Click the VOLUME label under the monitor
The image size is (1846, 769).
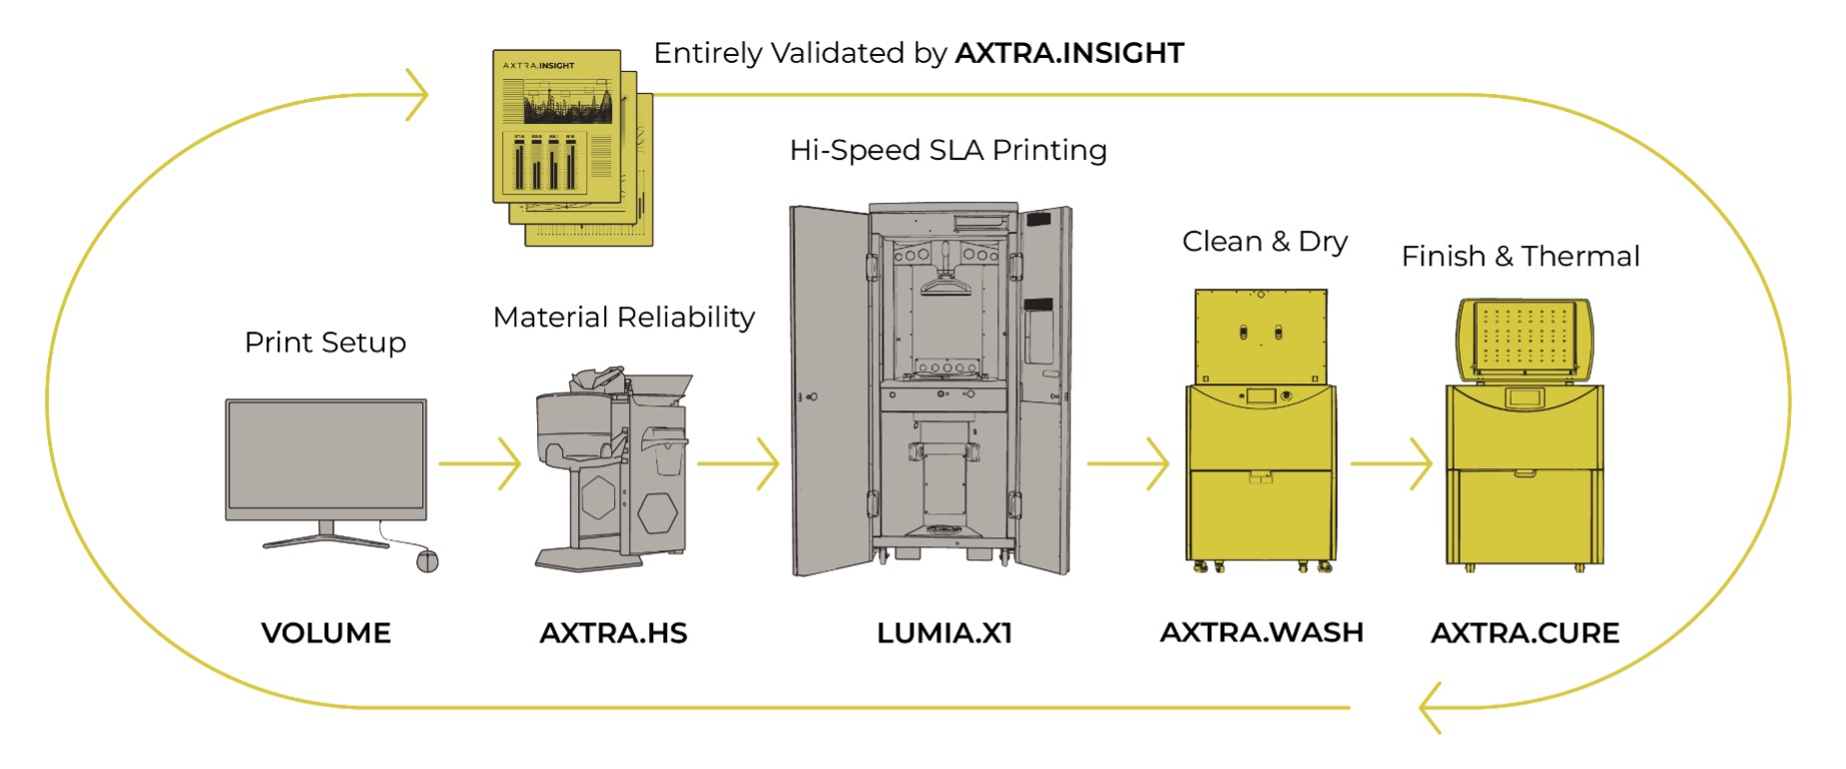pos(325,633)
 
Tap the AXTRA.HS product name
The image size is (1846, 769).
pos(613,633)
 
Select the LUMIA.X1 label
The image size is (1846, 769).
pos(944,633)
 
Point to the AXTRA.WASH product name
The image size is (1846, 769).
pos(1261,633)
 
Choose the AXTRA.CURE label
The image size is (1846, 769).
pos(1525,633)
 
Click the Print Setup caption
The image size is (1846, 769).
pos(325,343)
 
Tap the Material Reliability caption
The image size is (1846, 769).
pos(624,318)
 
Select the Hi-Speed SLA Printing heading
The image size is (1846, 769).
pos(947,151)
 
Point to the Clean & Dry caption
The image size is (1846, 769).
pos(1265,242)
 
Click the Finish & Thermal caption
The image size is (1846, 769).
pos(1521,257)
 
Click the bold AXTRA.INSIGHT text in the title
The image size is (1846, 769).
pos(1069,53)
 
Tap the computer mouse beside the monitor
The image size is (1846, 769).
pos(427,560)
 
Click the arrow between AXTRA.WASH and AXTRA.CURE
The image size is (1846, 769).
pos(1392,463)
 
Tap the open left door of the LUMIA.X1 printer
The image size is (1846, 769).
pos(828,389)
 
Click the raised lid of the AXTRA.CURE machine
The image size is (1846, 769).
pos(1524,339)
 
